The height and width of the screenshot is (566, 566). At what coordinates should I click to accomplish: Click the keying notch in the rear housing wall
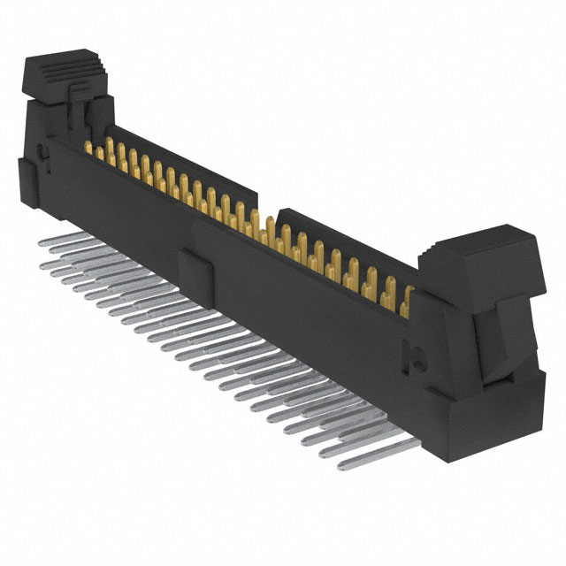[x=268, y=208]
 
